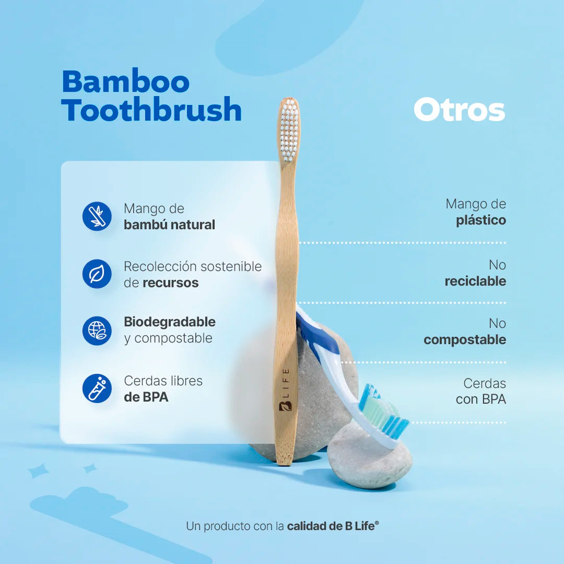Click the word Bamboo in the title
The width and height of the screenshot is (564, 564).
pyautogui.click(x=125, y=82)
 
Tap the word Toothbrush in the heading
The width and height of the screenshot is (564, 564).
pyautogui.click(x=151, y=111)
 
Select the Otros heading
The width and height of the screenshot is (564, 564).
pyautogui.click(x=459, y=110)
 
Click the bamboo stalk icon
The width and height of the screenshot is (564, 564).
pyautogui.click(x=97, y=216)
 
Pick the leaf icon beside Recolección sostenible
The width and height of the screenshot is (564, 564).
pyautogui.click(x=97, y=274)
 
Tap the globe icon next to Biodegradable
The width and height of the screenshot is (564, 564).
pyautogui.click(x=97, y=331)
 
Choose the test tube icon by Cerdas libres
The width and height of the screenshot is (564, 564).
pyautogui.click(x=97, y=389)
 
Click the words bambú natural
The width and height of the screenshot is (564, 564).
pyautogui.click(x=169, y=225)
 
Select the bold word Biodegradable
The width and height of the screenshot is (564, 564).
pyautogui.click(x=170, y=322)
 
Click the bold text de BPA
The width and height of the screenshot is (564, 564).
pyautogui.click(x=146, y=397)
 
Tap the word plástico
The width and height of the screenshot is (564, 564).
pyautogui.click(x=481, y=220)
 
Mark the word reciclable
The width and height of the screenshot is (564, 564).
pyautogui.click(x=475, y=281)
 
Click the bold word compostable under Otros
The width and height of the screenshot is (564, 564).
pyautogui.click(x=465, y=340)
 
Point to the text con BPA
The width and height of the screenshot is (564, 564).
pyautogui.click(x=480, y=400)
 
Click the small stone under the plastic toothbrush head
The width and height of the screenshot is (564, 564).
pyautogui.click(x=369, y=462)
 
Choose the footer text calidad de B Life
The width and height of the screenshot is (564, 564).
pyautogui.click(x=333, y=526)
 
